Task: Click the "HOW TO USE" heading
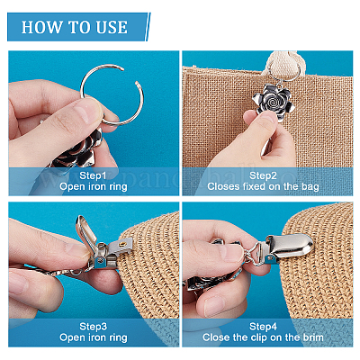pyautogui.click(x=75, y=27)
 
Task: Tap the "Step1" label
pyautogui.click(x=93, y=175)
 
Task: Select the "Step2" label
pyautogui.click(x=263, y=175)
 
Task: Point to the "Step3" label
pyautogui.click(x=93, y=327)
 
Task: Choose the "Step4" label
pyautogui.click(x=263, y=327)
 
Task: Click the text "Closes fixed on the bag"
pyautogui.click(x=263, y=186)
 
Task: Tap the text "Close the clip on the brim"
pyautogui.click(x=263, y=337)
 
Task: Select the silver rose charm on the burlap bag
pyautogui.click(x=272, y=100)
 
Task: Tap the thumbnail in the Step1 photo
pyautogui.click(x=85, y=110)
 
